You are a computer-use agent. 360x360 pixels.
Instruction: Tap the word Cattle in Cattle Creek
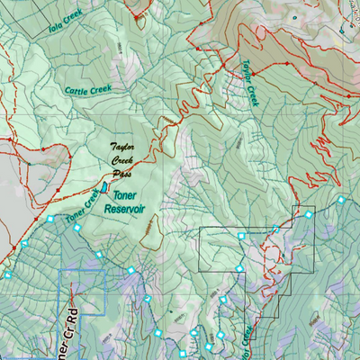coord(77,89)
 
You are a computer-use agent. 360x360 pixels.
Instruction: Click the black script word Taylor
coord(128,146)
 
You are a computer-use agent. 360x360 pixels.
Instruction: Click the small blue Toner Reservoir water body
coord(104,186)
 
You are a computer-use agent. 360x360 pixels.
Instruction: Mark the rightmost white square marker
coord(342,201)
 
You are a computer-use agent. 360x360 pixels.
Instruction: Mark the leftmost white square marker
coord(7,275)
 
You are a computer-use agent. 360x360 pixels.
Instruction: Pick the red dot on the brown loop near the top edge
coord(138,15)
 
